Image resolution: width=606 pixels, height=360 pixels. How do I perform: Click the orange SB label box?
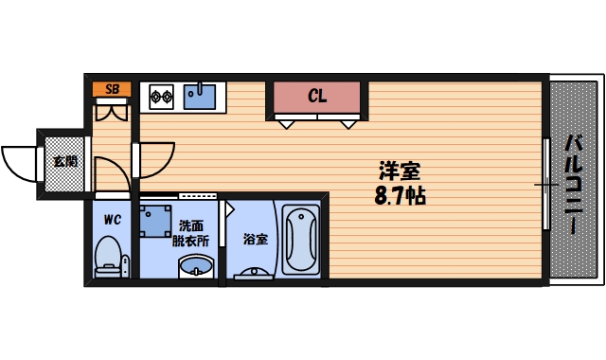coord(113,89)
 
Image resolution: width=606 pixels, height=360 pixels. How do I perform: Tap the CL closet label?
coord(317,96)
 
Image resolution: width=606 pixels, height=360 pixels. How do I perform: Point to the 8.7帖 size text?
coord(400,197)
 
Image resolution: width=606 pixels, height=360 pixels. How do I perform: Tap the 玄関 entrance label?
coord(65,161)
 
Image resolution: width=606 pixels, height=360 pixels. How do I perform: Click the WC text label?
coord(113,220)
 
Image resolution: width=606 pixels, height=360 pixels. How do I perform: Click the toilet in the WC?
coord(111,256)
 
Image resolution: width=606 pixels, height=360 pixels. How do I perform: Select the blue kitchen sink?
coord(201,95)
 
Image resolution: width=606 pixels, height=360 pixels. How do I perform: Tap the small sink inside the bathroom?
coord(254,275)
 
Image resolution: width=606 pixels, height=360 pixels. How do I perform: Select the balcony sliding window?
coord(546,184)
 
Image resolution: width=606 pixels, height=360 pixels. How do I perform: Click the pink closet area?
coord(317,98)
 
